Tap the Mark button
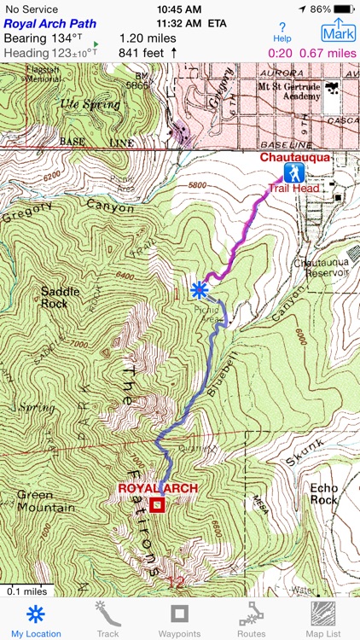click(x=339, y=32)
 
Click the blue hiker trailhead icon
click(x=294, y=174)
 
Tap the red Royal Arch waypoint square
click(x=157, y=505)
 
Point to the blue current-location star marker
click(x=200, y=290)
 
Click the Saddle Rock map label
click(x=60, y=298)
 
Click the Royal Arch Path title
click(x=49, y=24)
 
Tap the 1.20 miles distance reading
click(x=148, y=38)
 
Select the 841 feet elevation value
click(x=141, y=53)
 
